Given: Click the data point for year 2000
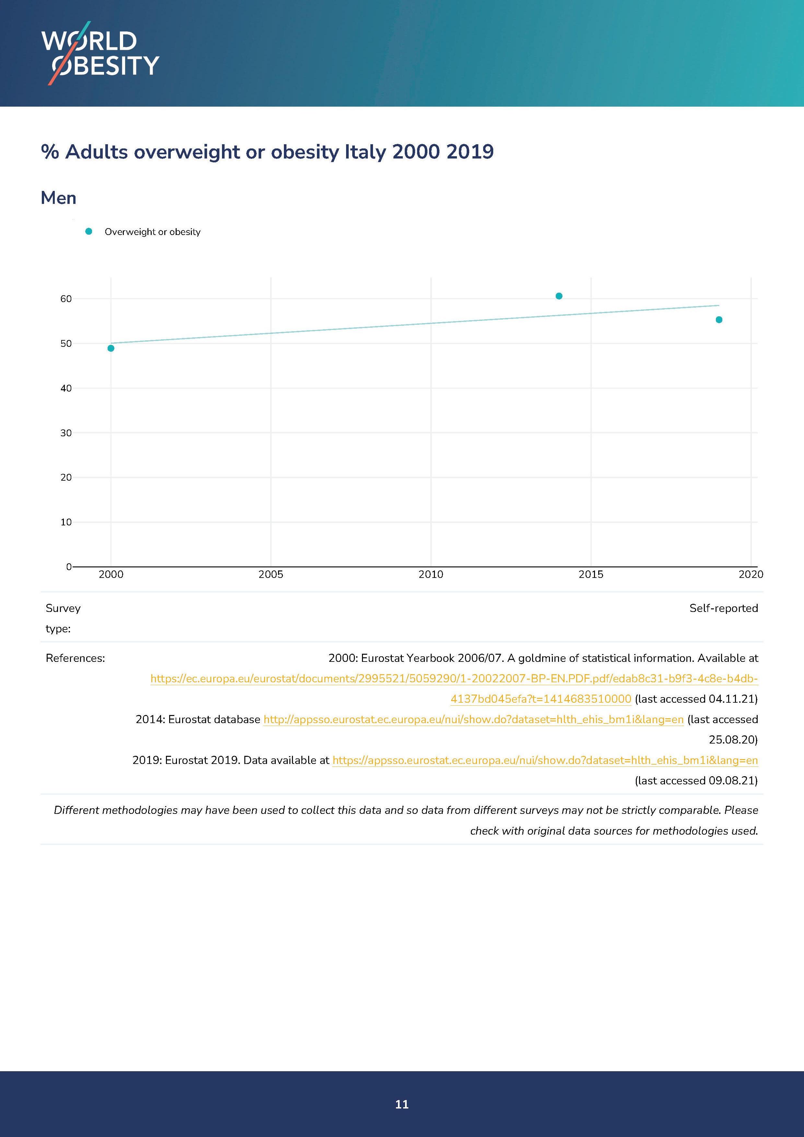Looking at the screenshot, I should pyautogui.click(x=111, y=348).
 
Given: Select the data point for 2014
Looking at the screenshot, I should pyautogui.click(x=559, y=296).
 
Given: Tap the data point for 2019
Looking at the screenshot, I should pyautogui.click(x=719, y=320).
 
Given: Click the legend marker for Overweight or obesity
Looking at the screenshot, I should pyautogui.click(x=88, y=231).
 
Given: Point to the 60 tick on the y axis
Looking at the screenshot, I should pyautogui.click(x=66, y=299).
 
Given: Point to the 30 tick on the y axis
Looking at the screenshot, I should pyautogui.click(x=66, y=433).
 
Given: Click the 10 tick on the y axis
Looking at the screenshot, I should pyautogui.click(x=66, y=522).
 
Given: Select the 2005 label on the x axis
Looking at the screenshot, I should pyautogui.click(x=271, y=574).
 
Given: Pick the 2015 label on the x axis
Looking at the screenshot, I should pyautogui.click(x=591, y=574).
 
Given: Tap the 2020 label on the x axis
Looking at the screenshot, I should pyautogui.click(x=751, y=574).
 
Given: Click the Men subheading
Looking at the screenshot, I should pyautogui.click(x=58, y=198).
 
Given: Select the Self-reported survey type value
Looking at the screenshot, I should pyautogui.click(x=723, y=608).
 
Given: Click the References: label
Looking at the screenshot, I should pyautogui.click(x=75, y=658).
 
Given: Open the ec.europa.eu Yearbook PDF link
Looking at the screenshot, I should pyautogui.click(x=454, y=678).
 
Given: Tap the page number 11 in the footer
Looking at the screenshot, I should pyautogui.click(x=402, y=1104).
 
